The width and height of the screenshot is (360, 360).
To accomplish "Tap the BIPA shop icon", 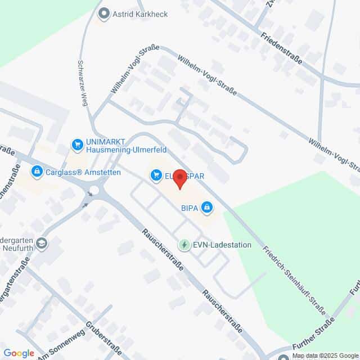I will [x=208, y=208].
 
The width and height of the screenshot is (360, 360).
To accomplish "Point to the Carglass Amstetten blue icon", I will [x=37, y=170].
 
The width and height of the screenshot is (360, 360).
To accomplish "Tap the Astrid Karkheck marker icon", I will [x=103, y=12].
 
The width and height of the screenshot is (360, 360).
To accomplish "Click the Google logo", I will [x=19, y=353].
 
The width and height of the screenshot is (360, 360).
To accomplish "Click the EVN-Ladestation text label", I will [x=221, y=245].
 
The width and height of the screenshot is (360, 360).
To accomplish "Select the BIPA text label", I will [x=189, y=208].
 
